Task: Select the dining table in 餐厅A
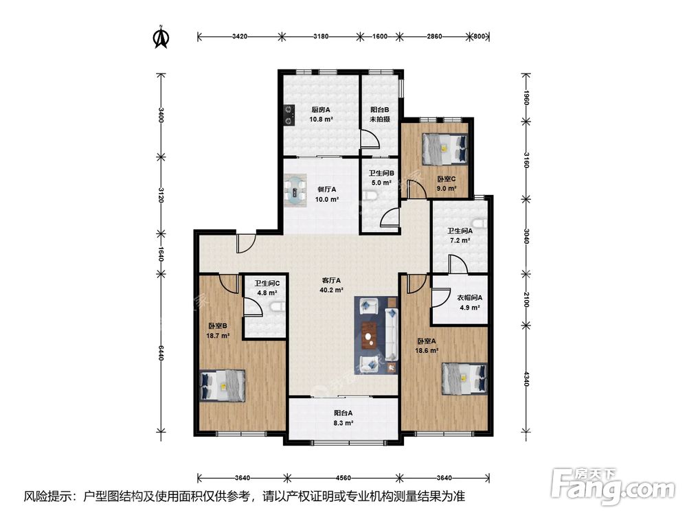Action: (x=295, y=191)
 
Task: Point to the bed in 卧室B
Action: (x=222, y=385)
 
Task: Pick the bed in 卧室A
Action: (x=464, y=379)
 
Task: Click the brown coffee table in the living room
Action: (x=370, y=336)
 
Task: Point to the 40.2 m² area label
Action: (x=331, y=290)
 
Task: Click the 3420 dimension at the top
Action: (x=240, y=36)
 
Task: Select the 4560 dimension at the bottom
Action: (x=343, y=478)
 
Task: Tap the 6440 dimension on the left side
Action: (x=161, y=353)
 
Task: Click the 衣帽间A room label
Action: (x=470, y=298)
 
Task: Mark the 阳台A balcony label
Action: (x=343, y=413)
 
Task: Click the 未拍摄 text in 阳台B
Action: (x=380, y=119)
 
